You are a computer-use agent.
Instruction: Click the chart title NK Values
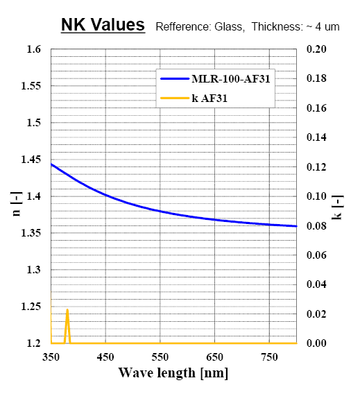103,25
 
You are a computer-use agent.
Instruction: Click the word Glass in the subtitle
230,26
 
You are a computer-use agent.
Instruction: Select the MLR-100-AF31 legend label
231,78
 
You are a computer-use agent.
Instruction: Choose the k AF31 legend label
209,98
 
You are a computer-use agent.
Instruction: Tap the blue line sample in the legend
175,78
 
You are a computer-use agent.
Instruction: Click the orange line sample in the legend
175,98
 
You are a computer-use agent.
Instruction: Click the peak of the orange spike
67,310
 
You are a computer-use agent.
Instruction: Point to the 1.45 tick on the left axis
31,160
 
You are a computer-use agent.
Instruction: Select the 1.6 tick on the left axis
34,49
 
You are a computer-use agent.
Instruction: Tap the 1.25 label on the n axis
31,307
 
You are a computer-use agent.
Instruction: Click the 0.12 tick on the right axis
316,167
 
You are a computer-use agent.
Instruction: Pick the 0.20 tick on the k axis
316,49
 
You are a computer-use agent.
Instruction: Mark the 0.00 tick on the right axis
316,343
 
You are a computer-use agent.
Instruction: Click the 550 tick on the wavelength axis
160,357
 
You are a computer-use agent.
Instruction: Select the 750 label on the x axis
269,357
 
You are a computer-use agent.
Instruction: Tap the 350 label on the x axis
51,357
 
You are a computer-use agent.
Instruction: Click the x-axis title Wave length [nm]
173,373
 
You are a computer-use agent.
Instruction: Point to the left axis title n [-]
17,204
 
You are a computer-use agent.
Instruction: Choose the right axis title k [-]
337,207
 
